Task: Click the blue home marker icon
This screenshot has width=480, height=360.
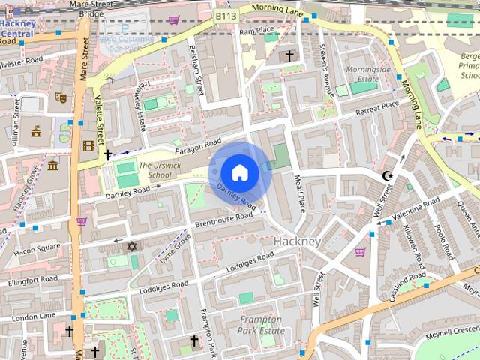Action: click(x=239, y=172)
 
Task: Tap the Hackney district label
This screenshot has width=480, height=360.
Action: click(x=297, y=241)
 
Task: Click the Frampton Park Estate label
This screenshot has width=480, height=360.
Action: click(x=259, y=324)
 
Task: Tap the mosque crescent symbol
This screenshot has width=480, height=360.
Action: click(x=387, y=175)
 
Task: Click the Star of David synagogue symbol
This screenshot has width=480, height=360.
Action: click(x=132, y=246)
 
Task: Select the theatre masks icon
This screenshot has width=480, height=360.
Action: click(x=61, y=97)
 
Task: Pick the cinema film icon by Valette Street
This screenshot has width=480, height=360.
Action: click(x=89, y=145)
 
